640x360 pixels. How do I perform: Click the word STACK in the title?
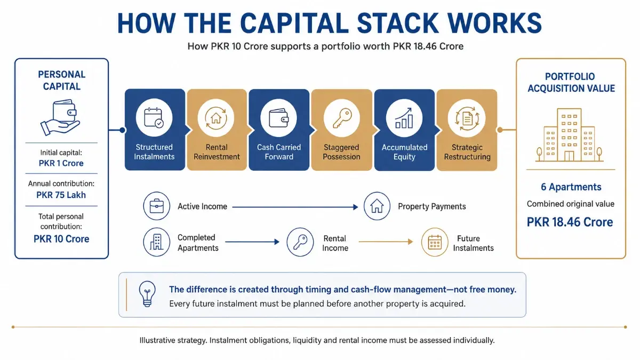pyautogui.click(x=397, y=23)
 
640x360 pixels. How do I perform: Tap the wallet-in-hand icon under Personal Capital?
pyautogui.click(x=60, y=117)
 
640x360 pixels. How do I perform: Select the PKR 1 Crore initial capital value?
pyautogui.click(x=61, y=163)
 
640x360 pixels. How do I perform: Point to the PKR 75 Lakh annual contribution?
pyautogui.click(x=61, y=195)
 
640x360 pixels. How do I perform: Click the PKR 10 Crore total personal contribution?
pyautogui.click(x=61, y=239)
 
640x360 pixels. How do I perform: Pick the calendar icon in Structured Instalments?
pyautogui.click(x=154, y=117)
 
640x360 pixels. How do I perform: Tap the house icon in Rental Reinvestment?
pyautogui.click(x=216, y=118)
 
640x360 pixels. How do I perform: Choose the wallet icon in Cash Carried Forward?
pyautogui.click(x=278, y=118)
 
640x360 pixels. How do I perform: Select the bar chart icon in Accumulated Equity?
pyautogui.click(x=404, y=118)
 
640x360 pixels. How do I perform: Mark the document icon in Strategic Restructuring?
pyautogui.click(x=467, y=118)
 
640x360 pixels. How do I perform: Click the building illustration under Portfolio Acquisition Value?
pyautogui.click(x=569, y=135)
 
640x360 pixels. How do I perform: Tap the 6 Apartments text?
pyautogui.click(x=571, y=187)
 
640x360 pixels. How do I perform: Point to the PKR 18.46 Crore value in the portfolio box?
pyautogui.click(x=570, y=222)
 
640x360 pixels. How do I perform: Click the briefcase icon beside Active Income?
pyautogui.click(x=157, y=206)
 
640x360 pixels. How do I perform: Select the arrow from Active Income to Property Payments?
pyautogui.click(x=295, y=207)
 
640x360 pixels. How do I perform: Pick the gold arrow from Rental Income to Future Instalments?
pyautogui.click(x=386, y=242)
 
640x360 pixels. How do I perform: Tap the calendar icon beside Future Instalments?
pyautogui.click(x=435, y=242)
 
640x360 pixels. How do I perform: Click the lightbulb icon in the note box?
pyautogui.click(x=147, y=294)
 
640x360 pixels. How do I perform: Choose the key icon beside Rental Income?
pyautogui.click(x=300, y=242)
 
